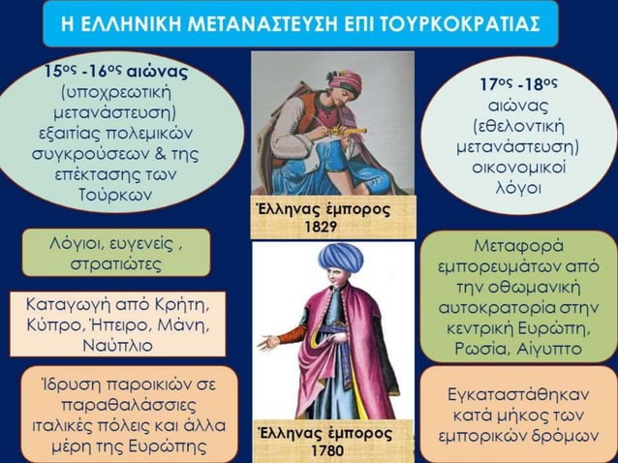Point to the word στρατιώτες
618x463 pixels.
click(x=118, y=262)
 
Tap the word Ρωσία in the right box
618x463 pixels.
click(x=494, y=346)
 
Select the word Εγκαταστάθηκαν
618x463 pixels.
click(x=515, y=395)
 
